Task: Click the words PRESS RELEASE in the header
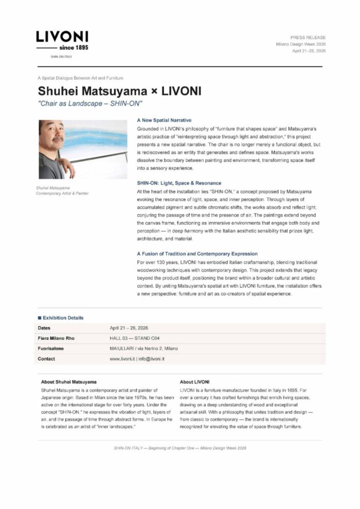point(308,38)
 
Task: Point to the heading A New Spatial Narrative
point(164,120)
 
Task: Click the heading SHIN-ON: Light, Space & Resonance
point(179,183)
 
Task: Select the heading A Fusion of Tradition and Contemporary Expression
point(197,254)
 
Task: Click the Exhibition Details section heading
point(63,318)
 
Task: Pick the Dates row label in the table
point(44,328)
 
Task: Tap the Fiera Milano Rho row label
point(55,338)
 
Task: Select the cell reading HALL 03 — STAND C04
point(135,338)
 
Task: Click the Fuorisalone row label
point(50,349)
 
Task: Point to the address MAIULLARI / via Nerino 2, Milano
point(143,349)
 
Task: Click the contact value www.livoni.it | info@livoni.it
point(137,359)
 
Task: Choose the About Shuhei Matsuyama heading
point(68,382)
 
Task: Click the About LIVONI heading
point(195,382)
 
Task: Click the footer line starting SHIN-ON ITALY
point(180,448)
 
